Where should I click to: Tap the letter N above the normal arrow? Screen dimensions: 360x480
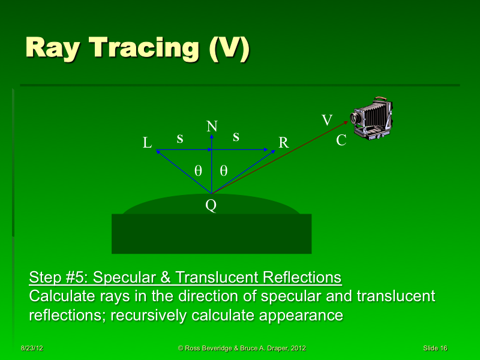[212, 126]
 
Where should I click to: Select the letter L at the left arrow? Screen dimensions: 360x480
[147, 143]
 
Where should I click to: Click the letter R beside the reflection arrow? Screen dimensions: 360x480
[284, 143]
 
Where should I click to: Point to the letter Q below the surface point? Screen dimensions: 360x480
[211, 206]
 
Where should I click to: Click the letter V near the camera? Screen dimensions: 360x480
[327, 121]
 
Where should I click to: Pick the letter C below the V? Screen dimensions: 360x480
[341, 141]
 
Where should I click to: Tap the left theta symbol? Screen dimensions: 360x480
[198, 170]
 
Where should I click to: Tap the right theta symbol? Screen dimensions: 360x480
[223, 170]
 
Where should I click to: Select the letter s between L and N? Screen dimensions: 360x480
[179, 138]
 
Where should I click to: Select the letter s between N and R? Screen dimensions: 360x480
[236, 137]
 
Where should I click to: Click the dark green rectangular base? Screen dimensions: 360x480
[211, 233]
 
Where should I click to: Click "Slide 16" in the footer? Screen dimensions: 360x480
[434, 349]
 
